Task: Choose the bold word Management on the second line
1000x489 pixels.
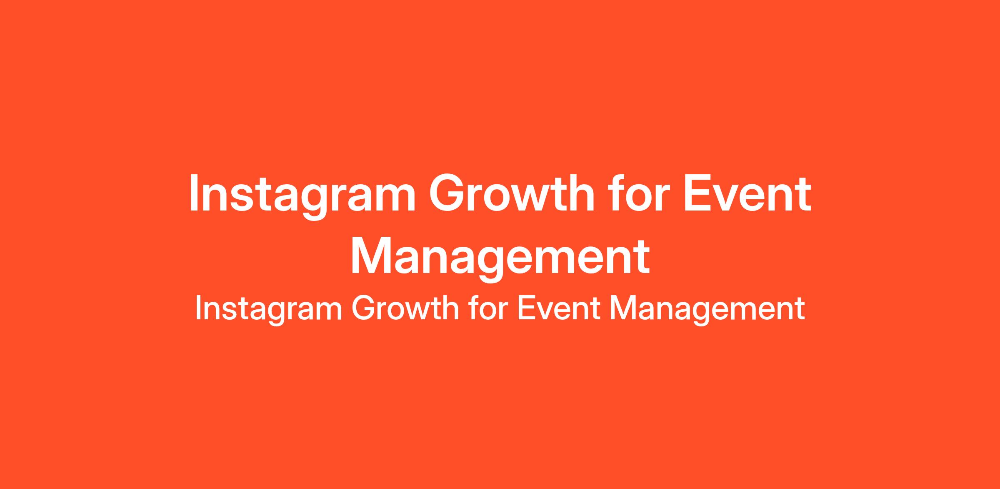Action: click(x=500, y=259)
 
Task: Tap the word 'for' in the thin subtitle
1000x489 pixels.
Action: click(x=487, y=308)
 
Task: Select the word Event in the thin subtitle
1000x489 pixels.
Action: click(x=558, y=309)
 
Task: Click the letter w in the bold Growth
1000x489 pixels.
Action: click(x=529, y=198)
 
